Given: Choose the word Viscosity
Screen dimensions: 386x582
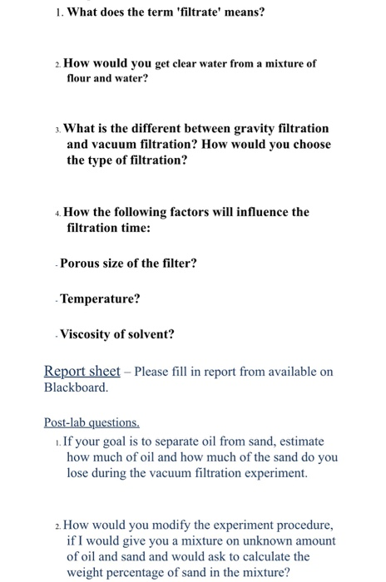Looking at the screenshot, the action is [x=88, y=335].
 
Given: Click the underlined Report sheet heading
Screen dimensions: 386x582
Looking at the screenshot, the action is [x=82, y=372].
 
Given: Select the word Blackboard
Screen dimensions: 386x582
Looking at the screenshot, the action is [x=74, y=387].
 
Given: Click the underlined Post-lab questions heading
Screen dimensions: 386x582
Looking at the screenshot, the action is [x=92, y=422].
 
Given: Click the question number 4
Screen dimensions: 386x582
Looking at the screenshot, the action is [x=57, y=213].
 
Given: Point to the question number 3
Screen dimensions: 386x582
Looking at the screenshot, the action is [x=57, y=130].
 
